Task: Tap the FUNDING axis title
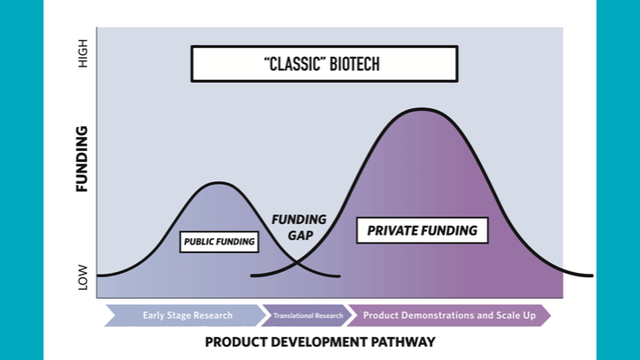82,159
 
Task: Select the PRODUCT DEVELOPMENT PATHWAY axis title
320,341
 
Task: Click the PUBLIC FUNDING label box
219,241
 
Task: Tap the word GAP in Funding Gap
298,237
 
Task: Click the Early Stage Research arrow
187,315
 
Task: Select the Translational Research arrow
307,315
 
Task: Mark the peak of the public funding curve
218,182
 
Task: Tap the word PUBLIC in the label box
201,241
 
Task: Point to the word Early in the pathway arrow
154,315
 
